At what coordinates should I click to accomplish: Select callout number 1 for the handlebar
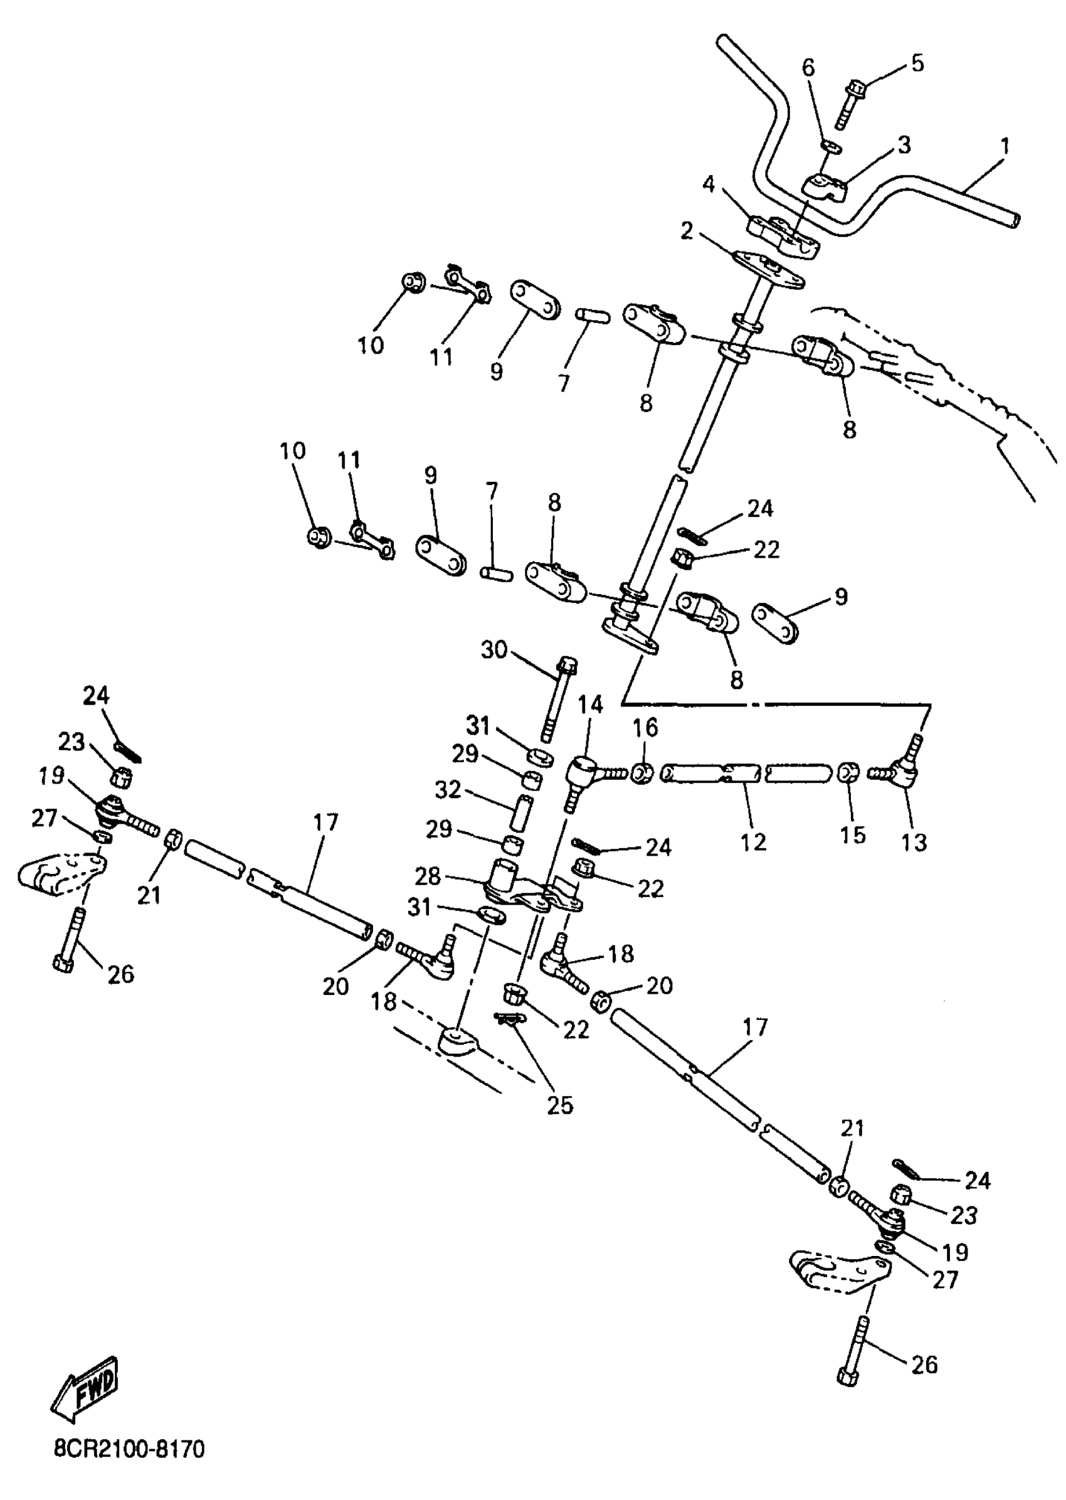coord(1004,146)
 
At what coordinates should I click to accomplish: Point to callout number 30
coord(494,650)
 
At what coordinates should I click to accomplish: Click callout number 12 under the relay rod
coord(753,841)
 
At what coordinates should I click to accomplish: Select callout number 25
coord(560,1105)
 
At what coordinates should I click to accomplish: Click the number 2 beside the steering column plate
coord(687,230)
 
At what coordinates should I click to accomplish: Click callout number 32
coord(448,789)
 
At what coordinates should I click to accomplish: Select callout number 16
coord(645,727)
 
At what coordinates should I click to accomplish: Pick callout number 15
coord(853,835)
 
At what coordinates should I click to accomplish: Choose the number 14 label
coord(590,705)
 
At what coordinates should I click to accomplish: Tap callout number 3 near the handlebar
coord(904,145)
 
